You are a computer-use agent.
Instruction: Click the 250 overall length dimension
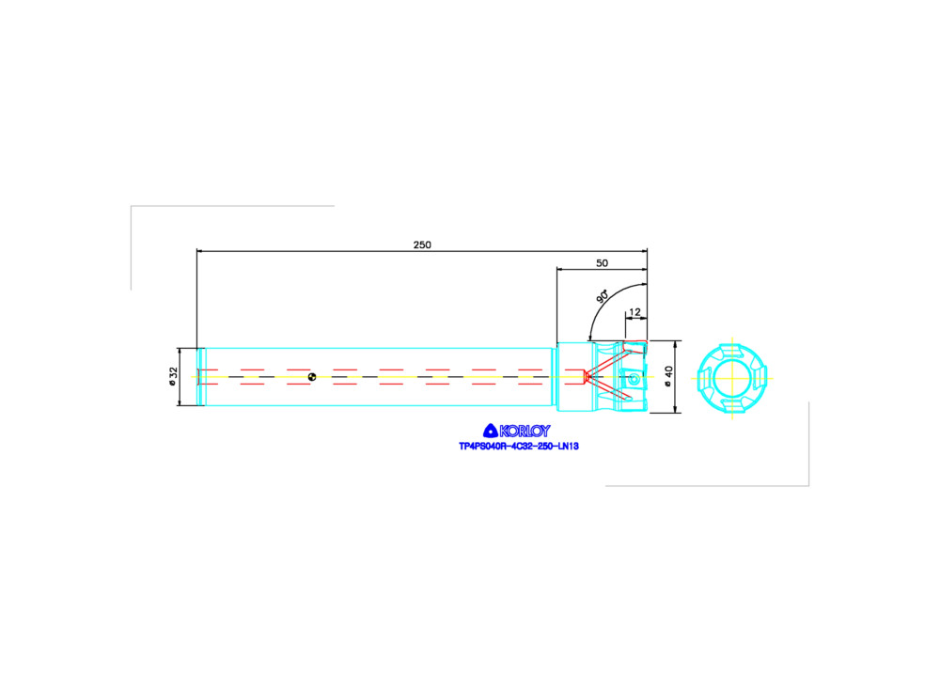click(x=422, y=244)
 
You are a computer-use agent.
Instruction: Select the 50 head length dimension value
click(x=602, y=263)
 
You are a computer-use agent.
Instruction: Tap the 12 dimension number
click(x=634, y=312)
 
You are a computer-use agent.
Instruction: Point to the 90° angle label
click(x=603, y=295)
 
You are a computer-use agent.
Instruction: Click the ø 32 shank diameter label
click(x=173, y=376)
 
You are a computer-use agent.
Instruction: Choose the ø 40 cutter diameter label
click(x=668, y=376)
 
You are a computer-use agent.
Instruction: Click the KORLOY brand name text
click(x=525, y=431)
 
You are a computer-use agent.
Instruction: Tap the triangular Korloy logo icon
click(x=491, y=431)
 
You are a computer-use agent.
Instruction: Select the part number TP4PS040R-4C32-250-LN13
click(x=519, y=447)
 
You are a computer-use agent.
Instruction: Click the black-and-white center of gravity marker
click(x=312, y=377)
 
